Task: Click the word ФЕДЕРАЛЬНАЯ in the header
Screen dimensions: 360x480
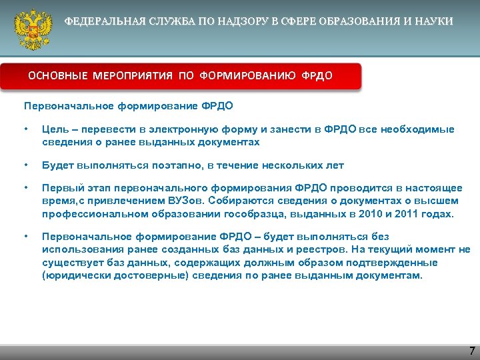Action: pos(99,21)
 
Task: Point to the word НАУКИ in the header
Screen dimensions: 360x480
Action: pos(436,21)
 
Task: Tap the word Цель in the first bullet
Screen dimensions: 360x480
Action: pos(53,129)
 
